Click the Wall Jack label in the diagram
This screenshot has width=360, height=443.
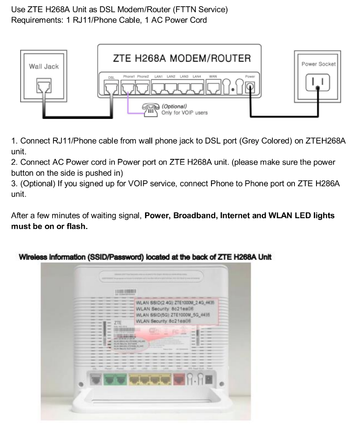pos(44,67)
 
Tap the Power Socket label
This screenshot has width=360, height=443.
pos(318,64)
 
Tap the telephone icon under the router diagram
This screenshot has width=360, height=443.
pos(150,109)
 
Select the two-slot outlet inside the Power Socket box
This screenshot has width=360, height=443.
pos(318,83)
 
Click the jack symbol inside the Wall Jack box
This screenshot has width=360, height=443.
pos(44,86)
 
